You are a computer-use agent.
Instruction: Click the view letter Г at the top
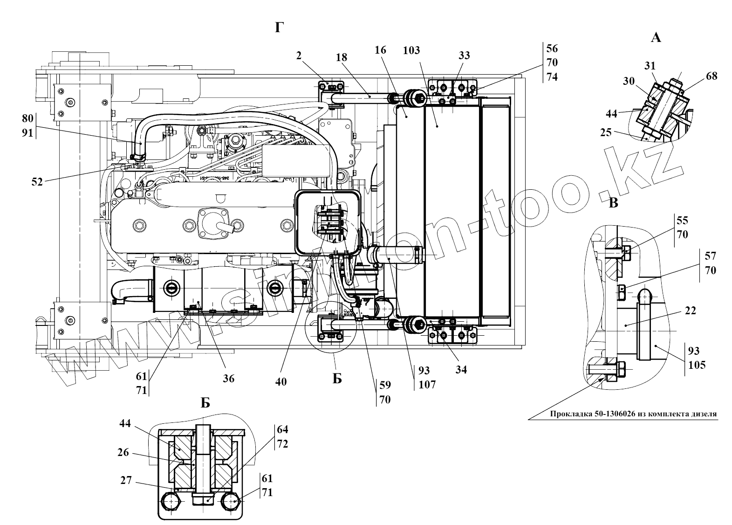[279, 28]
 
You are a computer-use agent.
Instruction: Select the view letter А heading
[656, 38]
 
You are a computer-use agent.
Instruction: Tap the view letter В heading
[614, 203]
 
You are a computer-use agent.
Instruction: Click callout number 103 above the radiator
[412, 50]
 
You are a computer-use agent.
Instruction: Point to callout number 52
[37, 182]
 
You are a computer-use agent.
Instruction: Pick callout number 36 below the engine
[228, 379]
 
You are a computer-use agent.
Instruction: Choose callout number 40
[280, 381]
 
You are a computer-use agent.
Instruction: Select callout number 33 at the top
[464, 55]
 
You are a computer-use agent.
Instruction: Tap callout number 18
[342, 58]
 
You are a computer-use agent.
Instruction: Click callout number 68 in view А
[711, 76]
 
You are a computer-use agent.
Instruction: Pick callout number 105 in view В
[697, 365]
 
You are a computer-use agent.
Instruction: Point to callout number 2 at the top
[299, 55]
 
